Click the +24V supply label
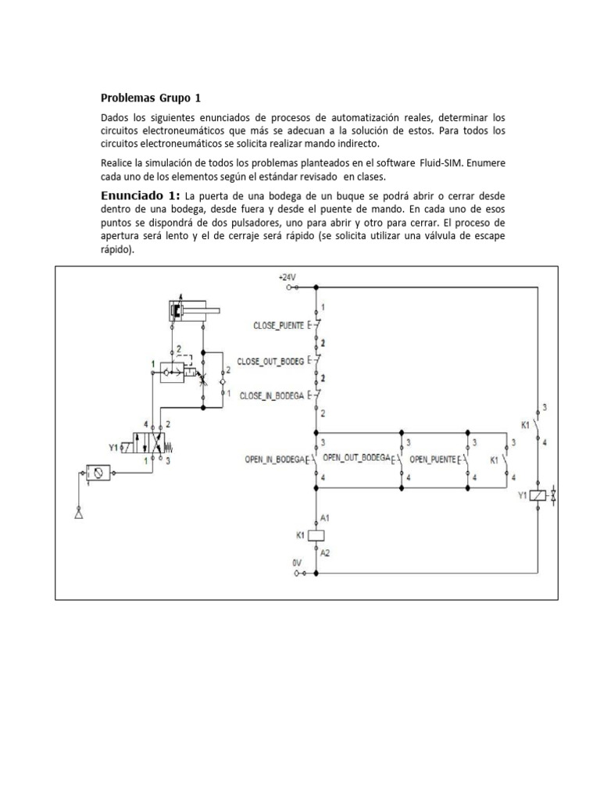288,277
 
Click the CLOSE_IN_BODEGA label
273,395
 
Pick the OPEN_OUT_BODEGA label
356,458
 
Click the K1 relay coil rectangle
316,536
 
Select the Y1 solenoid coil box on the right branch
537,495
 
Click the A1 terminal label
325,518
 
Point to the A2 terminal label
325,552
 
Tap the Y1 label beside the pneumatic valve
114,448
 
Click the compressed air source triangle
77,515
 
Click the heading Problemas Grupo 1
151,98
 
